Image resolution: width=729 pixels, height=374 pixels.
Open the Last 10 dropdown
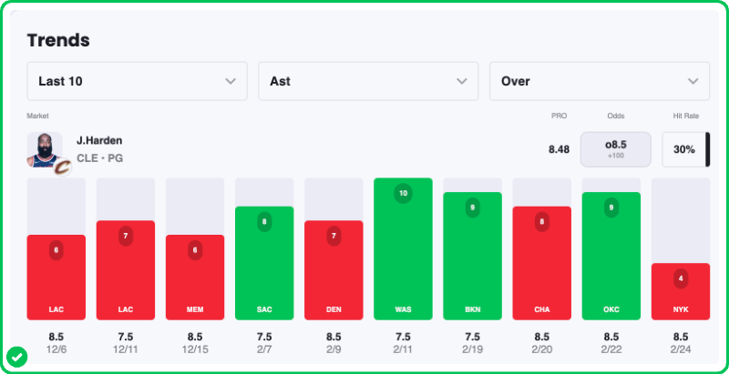click(x=137, y=81)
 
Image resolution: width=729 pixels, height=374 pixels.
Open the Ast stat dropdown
click(x=368, y=81)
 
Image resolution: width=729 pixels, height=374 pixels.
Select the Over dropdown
click(x=600, y=81)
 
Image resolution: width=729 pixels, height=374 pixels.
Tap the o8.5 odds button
click(x=616, y=149)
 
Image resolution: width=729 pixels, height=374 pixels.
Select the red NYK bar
click(x=681, y=291)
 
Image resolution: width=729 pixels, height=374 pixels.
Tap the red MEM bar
click(x=195, y=278)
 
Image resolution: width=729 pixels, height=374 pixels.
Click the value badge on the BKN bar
click(x=472, y=207)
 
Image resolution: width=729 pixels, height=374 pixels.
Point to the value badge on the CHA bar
click(x=542, y=220)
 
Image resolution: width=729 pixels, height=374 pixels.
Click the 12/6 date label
click(x=56, y=349)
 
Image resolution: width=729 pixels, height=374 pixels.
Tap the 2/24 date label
click(x=681, y=349)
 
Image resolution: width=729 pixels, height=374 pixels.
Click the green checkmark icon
click(x=16, y=356)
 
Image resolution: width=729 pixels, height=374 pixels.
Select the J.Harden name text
click(x=99, y=140)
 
